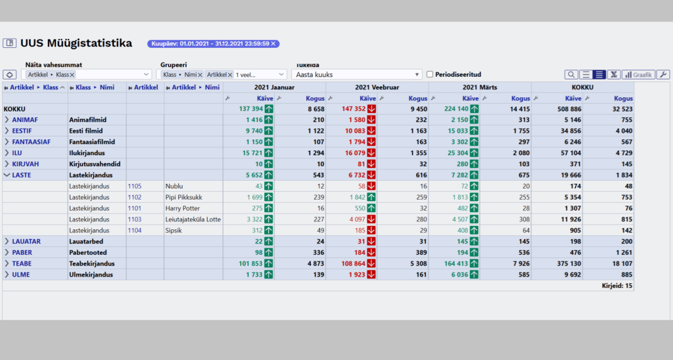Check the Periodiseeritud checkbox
tap(430, 74)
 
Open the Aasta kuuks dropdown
tap(356, 75)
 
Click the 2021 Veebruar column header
tap(377, 87)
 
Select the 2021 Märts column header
tap(479, 87)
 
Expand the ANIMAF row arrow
tap(7, 120)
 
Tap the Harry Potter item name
tap(183, 208)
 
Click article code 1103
tap(134, 219)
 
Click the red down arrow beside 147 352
tap(371, 109)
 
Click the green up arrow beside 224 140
tap(474, 109)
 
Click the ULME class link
tap(20, 275)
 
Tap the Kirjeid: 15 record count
tap(617, 286)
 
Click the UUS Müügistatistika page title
tap(76, 43)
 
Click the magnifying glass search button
tap(571, 75)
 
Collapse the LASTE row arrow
tap(7, 175)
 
